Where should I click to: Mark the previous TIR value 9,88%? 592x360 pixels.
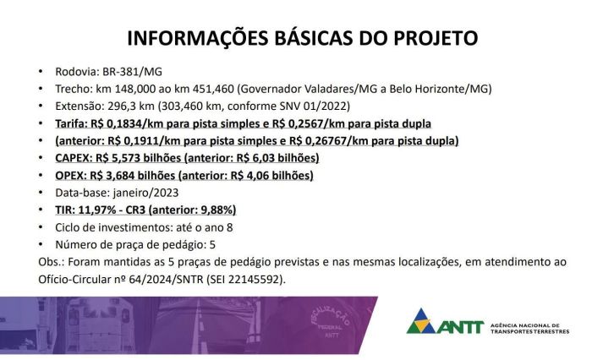coord(216,210)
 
